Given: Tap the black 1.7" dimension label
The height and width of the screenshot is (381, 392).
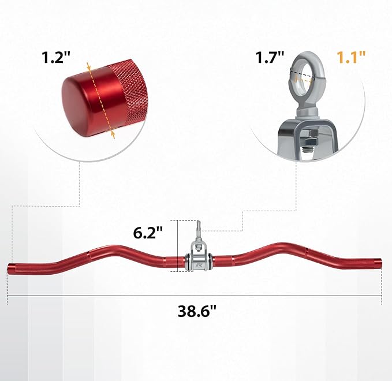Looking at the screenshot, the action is pos(270,57).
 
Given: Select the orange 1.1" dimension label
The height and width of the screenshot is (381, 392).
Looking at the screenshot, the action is pos(351,57).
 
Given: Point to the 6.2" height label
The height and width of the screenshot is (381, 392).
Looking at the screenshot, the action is pos(148,233).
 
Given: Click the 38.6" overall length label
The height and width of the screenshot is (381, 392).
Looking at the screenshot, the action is pos(197,311).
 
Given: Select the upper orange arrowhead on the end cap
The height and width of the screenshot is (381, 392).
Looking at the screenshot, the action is pos(88,67).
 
